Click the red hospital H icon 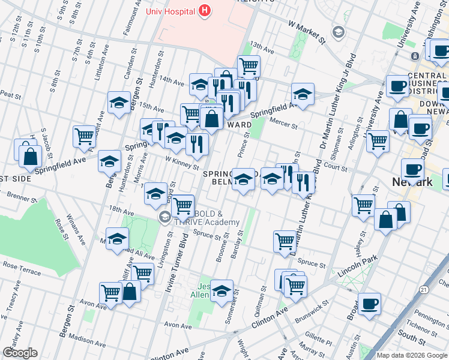pos(205,10)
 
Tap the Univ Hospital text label pos(172,11)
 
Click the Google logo pos(20,353)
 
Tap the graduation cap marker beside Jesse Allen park pos(221,290)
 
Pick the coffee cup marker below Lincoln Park pos(370,302)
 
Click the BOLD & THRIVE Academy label pos(206,217)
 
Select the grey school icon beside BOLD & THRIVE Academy pos(164,217)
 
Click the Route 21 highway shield pos(424,289)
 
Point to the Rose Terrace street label pos(21,265)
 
